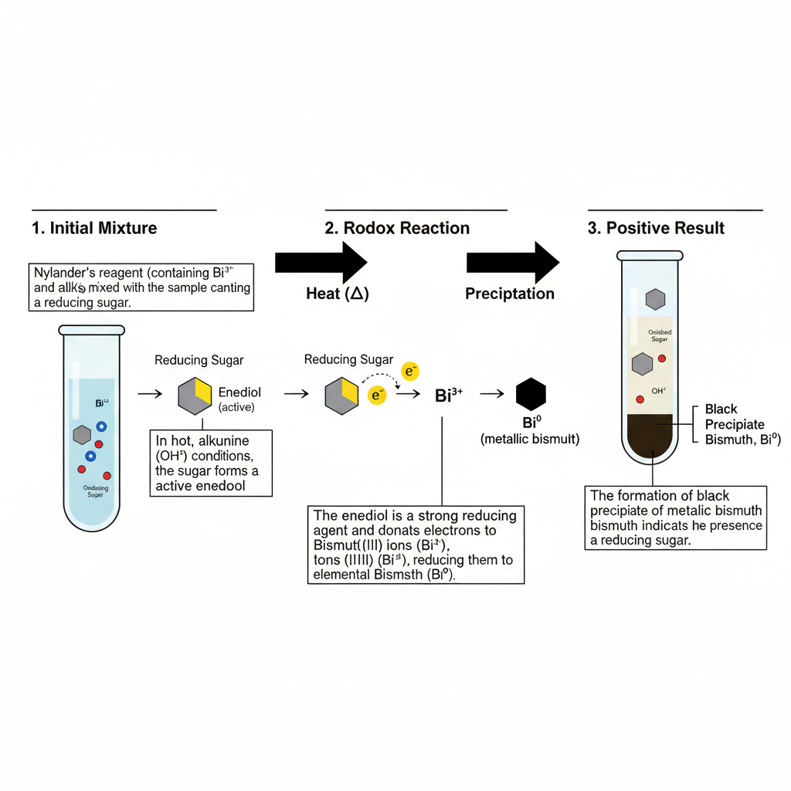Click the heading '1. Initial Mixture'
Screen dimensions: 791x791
(95, 228)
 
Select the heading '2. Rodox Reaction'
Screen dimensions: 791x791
(397, 228)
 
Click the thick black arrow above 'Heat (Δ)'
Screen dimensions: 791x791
(321, 263)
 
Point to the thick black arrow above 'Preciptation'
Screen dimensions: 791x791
(512, 263)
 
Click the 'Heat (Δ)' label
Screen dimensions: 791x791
(338, 294)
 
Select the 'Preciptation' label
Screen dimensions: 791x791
(510, 294)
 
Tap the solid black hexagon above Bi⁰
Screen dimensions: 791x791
(531, 394)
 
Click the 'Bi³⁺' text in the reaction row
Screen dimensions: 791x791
(449, 395)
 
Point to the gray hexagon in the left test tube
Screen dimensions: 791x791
(82, 435)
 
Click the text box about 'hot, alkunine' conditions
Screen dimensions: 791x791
(211, 462)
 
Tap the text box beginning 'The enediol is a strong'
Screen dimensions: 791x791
(416, 545)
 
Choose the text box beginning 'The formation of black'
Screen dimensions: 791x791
(676, 518)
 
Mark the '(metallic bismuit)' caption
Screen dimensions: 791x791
(530, 439)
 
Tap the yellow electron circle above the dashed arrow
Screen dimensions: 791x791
(411, 372)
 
